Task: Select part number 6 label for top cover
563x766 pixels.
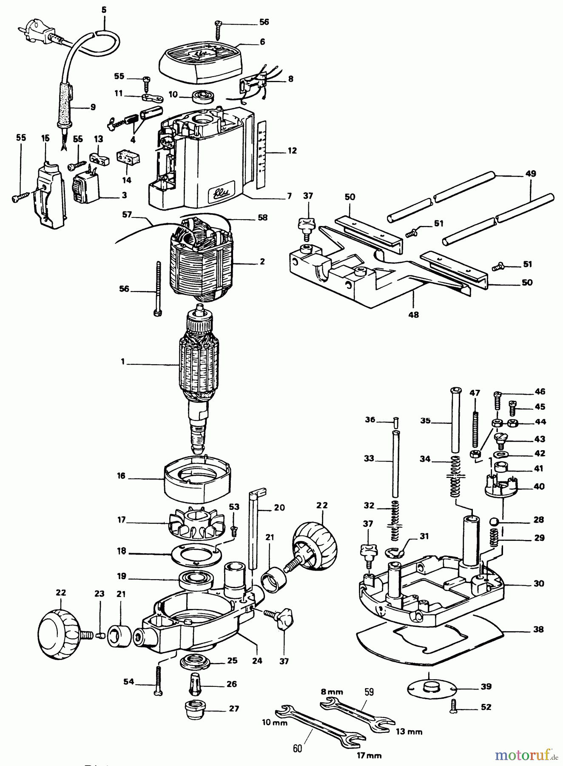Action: [262, 42]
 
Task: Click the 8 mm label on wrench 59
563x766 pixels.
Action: [332, 692]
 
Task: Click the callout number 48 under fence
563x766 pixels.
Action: [413, 314]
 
